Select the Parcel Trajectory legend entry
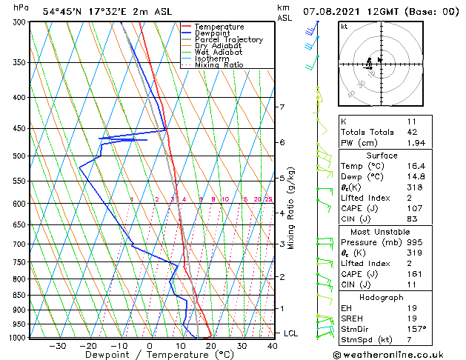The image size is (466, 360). [x=228, y=40]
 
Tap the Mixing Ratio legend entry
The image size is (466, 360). [x=219, y=65]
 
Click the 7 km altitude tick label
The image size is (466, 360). [x=282, y=107]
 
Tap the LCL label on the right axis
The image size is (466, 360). [x=290, y=333]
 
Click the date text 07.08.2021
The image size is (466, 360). [x=335, y=12]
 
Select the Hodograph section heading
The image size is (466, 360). [x=382, y=296]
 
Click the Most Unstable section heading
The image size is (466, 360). [x=382, y=231]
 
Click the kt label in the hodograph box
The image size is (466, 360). [x=344, y=26]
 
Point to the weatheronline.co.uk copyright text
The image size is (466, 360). [x=399, y=354]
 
